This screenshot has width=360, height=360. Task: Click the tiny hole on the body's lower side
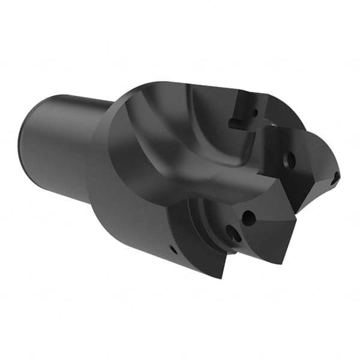173,248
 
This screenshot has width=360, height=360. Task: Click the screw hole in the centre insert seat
289,161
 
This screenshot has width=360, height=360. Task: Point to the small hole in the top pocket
254,112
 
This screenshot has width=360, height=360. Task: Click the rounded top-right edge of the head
282,108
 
